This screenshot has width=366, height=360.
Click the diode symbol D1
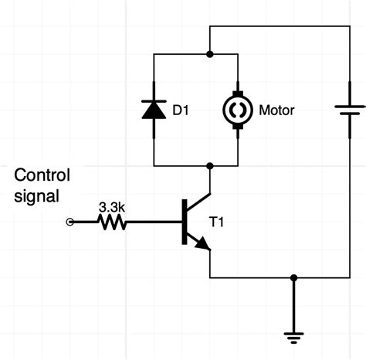pyautogui.click(x=154, y=110)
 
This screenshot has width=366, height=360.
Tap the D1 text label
pyautogui.click(x=181, y=110)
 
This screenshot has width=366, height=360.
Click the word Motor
pyautogui.click(x=277, y=110)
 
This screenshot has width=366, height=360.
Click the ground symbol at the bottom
pyautogui.click(x=293, y=336)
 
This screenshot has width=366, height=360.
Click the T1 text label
pyautogui.click(x=217, y=222)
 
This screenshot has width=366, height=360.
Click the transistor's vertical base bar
pyautogui.click(x=184, y=222)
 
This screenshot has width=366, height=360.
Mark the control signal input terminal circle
pyautogui.click(x=71, y=222)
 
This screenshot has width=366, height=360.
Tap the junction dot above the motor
pyautogui.click(x=210, y=54)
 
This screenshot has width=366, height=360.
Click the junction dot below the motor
pyautogui.click(x=210, y=165)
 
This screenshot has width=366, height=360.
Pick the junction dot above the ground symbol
pyautogui.click(x=293, y=277)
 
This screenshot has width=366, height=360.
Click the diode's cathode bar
pyautogui.click(x=154, y=100)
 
